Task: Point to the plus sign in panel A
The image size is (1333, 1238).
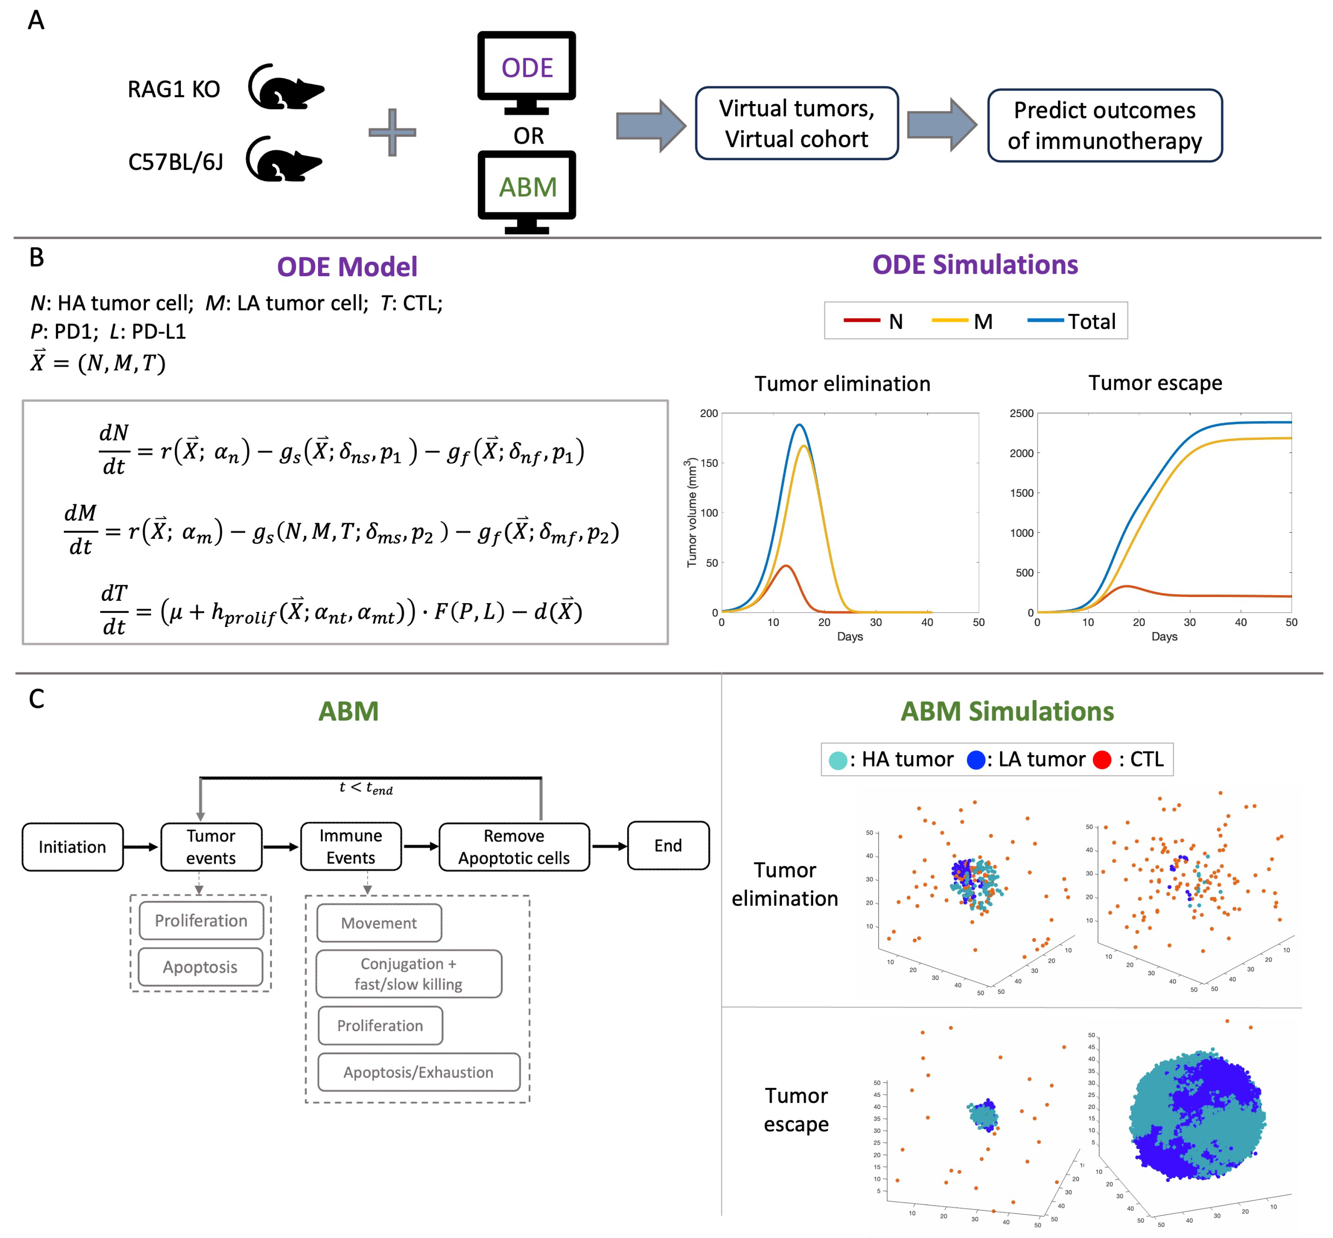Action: (392, 132)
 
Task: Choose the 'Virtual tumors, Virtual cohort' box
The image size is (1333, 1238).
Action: (796, 123)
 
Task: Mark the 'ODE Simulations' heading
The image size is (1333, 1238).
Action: (975, 265)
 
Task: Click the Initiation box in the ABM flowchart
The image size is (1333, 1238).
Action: (72, 847)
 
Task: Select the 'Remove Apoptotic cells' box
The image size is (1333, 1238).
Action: (514, 847)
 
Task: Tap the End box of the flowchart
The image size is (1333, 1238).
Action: (668, 846)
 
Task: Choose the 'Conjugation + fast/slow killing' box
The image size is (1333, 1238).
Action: (408, 973)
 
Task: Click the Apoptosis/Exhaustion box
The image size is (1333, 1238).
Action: (418, 1072)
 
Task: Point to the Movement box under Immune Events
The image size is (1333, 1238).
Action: (379, 923)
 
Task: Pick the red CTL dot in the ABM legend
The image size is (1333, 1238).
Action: (1102, 760)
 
